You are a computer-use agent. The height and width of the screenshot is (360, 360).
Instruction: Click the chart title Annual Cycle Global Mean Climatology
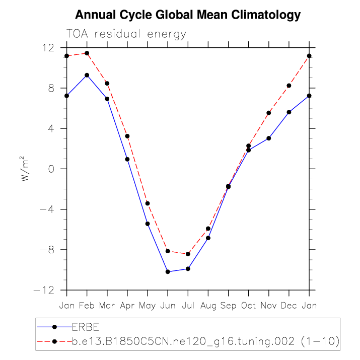[187, 15]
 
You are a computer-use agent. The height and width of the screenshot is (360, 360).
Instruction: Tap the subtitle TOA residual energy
[126, 34]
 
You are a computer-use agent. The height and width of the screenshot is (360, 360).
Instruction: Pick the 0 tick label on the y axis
[51, 169]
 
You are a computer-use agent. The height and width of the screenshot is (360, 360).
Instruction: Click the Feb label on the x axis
[87, 306]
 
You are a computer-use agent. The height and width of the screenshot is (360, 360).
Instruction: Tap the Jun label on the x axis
[168, 306]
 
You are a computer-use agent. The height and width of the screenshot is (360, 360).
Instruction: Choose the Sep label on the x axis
[228, 306]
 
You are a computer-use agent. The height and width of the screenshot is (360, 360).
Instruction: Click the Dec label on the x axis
[289, 306]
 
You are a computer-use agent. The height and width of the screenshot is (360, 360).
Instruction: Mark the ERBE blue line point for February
[87, 75]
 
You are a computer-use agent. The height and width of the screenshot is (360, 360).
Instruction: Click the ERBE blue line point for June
[168, 272]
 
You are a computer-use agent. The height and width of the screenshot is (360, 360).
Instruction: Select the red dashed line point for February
[87, 53]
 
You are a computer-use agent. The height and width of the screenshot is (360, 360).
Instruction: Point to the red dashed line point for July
[188, 254]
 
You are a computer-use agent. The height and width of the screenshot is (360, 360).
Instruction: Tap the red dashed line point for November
[269, 113]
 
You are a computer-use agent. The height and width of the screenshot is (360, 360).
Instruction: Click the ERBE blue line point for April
[127, 159]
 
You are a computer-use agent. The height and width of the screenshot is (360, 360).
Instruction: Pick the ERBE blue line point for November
[269, 138]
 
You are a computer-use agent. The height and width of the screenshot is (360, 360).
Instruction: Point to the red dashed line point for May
[148, 203]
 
